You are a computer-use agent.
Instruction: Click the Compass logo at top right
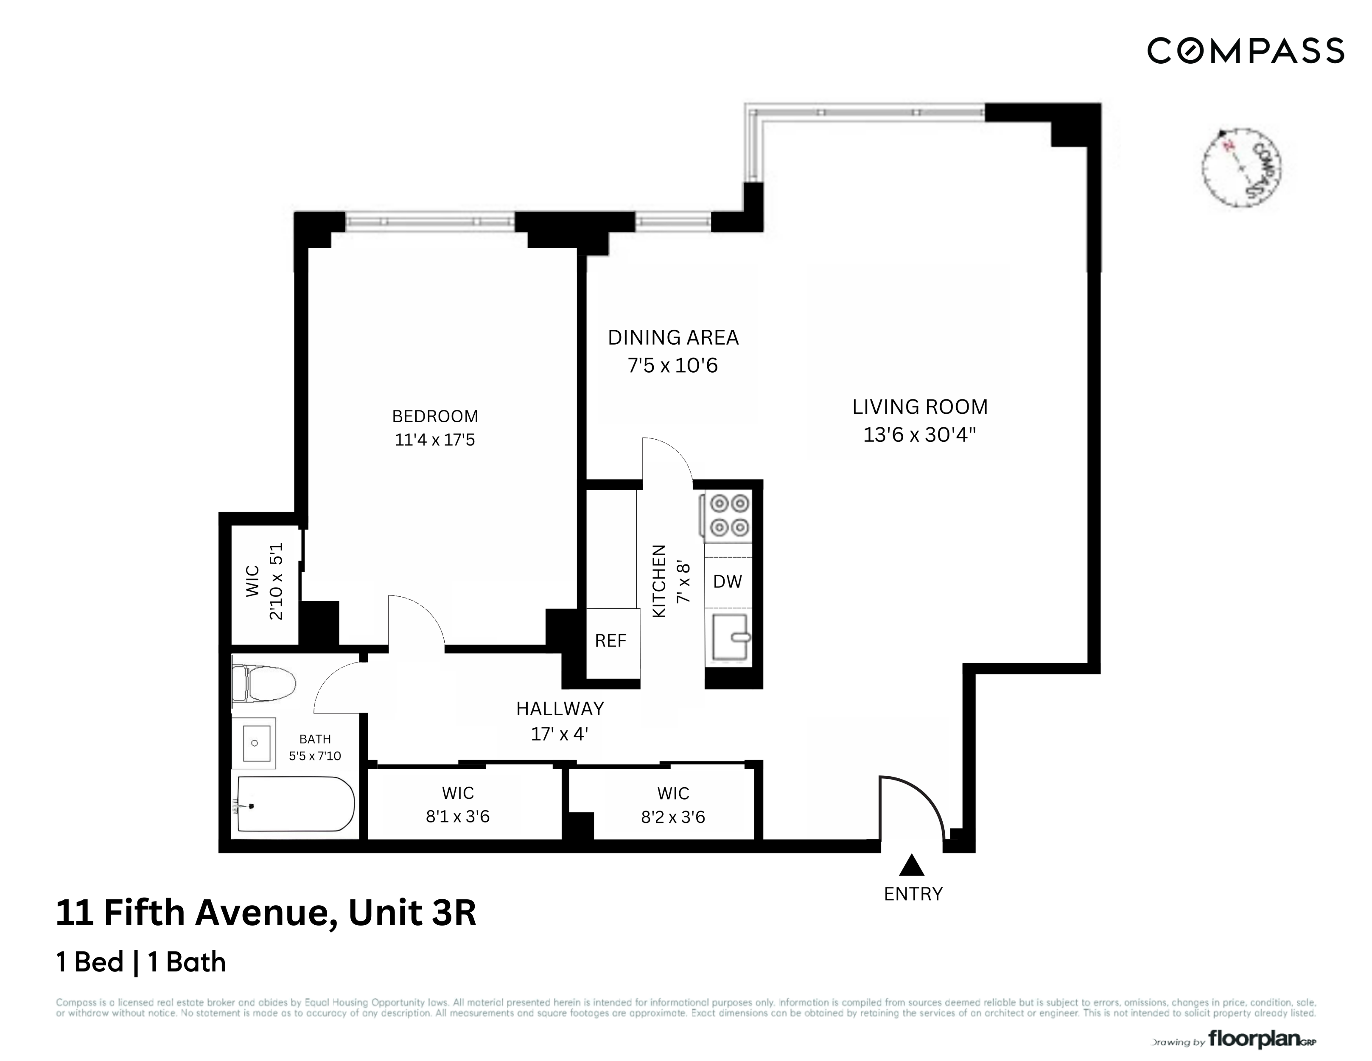1245,51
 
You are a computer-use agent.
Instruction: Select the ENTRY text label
913,894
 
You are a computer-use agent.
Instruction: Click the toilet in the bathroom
264,684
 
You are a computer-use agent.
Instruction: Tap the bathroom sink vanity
255,743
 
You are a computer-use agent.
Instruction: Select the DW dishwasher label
728,581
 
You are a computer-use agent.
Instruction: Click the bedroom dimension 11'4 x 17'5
435,440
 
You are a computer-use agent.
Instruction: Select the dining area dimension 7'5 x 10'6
673,365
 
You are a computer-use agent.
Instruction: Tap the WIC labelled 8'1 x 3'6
458,805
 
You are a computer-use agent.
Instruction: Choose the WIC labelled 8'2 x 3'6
673,805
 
